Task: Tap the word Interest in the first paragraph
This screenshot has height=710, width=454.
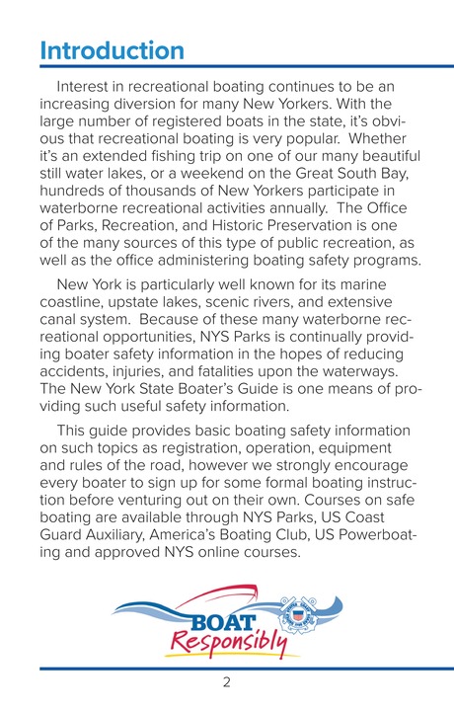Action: pos(88,89)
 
